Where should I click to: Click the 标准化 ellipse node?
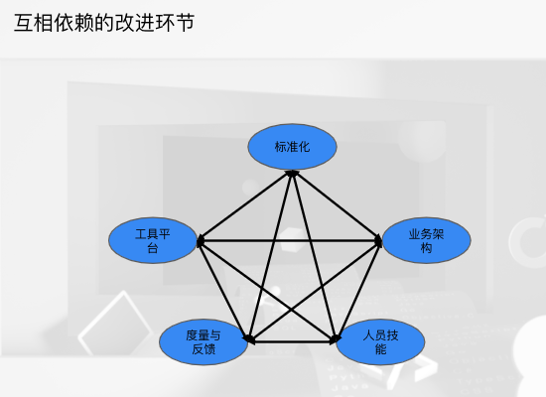tap(292, 147)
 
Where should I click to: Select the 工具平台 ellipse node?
tap(153, 240)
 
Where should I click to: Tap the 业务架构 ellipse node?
tap(427, 240)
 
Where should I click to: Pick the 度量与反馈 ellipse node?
tap(204, 342)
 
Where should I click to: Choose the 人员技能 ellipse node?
tap(380, 342)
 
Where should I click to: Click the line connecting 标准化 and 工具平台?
tap(245, 205)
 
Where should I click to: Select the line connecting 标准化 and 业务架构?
tap(338, 205)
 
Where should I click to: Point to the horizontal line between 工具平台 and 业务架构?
tap(290, 240)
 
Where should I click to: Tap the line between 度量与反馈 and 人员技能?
tap(292, 342)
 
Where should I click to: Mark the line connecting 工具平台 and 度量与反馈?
tap(223, 291)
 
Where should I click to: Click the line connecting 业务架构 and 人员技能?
tap(359, 291)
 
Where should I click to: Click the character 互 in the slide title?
tap(24, 23)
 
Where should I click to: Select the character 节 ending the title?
tap(186, 23)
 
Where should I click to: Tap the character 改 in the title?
tap(125, 23)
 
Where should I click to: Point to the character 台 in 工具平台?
tap(153, 248)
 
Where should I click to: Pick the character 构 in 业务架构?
tap(427, 248)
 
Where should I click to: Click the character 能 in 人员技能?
tap(380, 349)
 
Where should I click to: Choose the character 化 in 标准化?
tap(304, 147)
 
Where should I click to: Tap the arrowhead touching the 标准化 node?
tap(292, 173)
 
